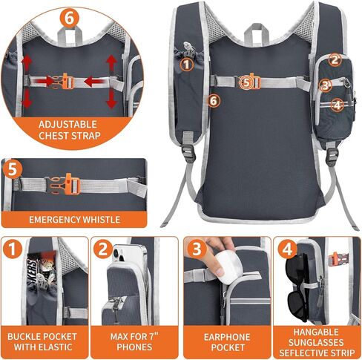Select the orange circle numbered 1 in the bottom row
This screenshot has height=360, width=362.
click(x=13, y=248)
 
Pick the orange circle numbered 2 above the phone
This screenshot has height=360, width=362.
click(x=104, y=248)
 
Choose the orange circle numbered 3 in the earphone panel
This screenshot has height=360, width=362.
click(x=196, y=248)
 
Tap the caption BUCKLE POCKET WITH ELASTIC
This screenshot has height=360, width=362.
click(x=43, y=341)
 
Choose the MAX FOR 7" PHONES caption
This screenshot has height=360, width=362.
click(x=134, y=341)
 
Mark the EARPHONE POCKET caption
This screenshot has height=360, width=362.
click(x=226, y=341)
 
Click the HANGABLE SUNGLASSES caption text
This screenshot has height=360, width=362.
click(x=317, y=336)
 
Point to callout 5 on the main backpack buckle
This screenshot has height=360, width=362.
click(x=247, y=82)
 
